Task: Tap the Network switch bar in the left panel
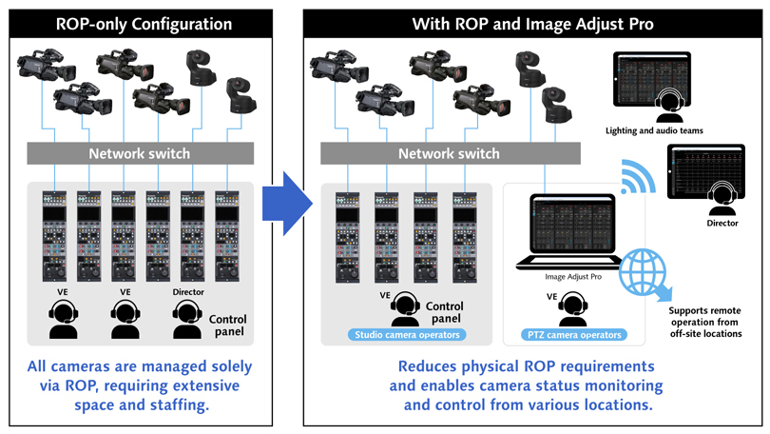140,154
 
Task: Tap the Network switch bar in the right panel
448,154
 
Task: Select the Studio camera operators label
406,334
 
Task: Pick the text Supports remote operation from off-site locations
704,322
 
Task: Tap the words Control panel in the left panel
226,325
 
